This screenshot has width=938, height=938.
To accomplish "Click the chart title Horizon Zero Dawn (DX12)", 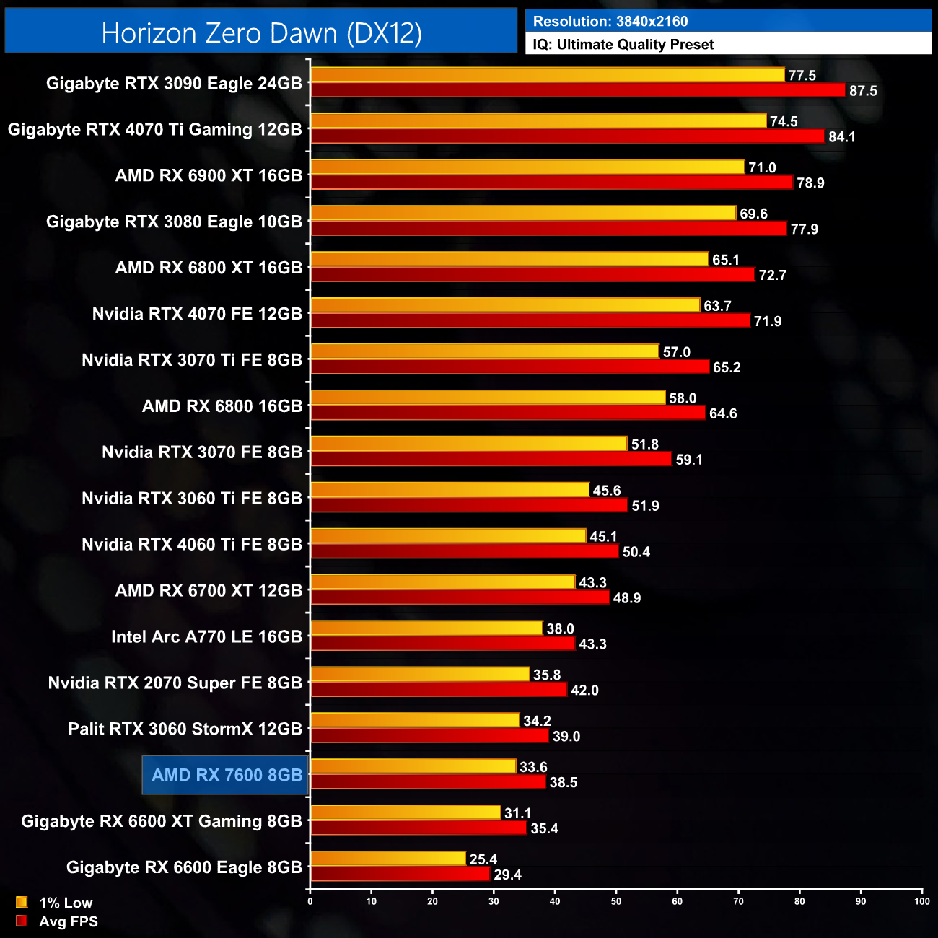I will (261, 33).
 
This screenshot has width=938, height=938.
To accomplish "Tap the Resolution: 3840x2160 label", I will (610, 22).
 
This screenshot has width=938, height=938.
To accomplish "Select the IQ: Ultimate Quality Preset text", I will (623, 45).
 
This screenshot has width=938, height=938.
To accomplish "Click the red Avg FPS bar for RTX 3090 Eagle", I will (577, 90).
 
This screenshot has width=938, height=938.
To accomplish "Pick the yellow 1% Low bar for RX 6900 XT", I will (527, 167).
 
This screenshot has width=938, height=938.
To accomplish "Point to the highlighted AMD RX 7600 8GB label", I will (226, 775).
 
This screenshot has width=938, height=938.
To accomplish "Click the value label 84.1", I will (841, 137).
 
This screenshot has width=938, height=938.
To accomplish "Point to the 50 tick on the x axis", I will (616, 901).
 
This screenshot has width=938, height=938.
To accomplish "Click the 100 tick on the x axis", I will (921, 901).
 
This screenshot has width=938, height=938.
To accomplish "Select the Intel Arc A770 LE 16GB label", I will (206, 636).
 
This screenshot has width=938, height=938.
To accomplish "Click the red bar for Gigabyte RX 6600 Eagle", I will (400, 875).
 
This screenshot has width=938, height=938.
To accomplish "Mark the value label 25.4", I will (483, 859).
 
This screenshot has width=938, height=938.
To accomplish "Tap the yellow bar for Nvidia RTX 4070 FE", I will (505, 306).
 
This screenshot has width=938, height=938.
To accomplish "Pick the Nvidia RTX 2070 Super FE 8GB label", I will (175, 683).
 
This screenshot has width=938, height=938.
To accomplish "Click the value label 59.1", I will (689, 460).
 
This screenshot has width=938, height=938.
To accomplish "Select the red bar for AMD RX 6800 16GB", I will (508, 413).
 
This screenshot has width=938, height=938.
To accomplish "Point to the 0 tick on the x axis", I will (310, 901).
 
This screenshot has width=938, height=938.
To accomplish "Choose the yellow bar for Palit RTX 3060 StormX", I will (415, 721).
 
